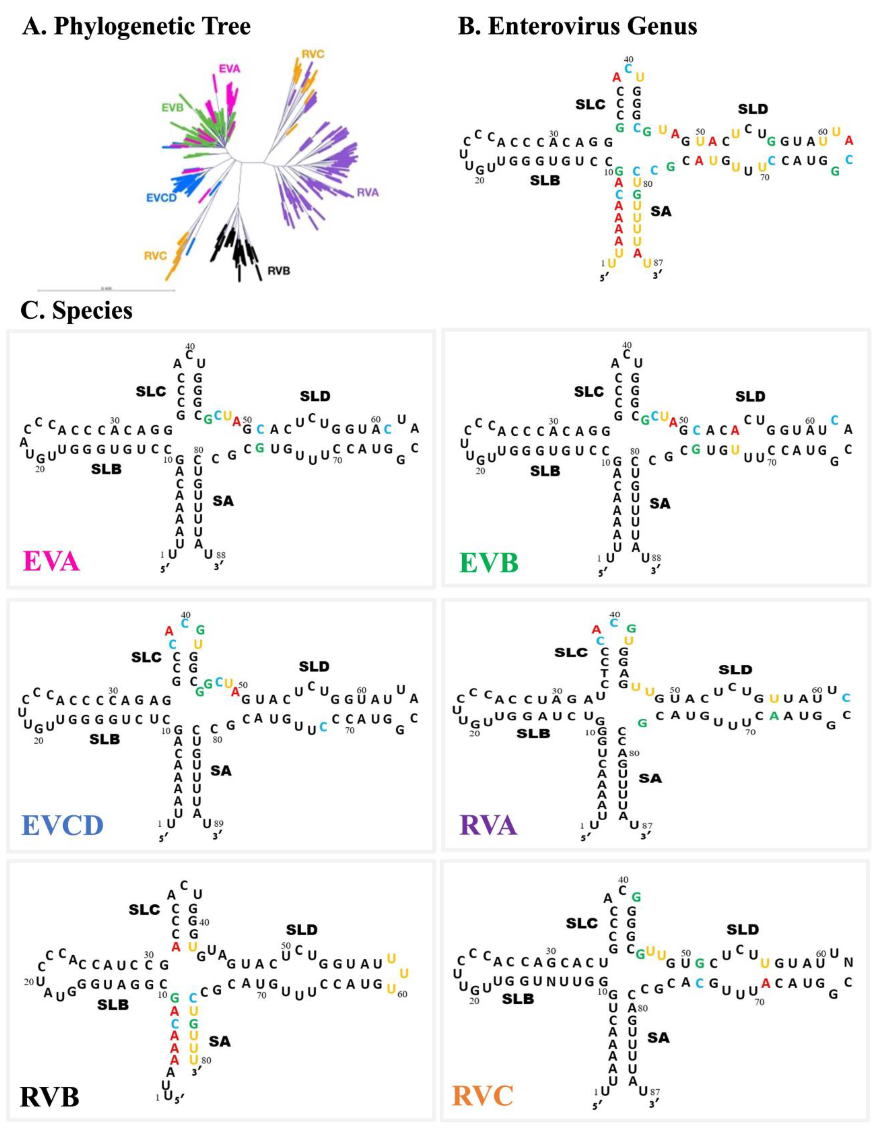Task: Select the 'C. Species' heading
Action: point(77,311)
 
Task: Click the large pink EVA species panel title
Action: point(51,562)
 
